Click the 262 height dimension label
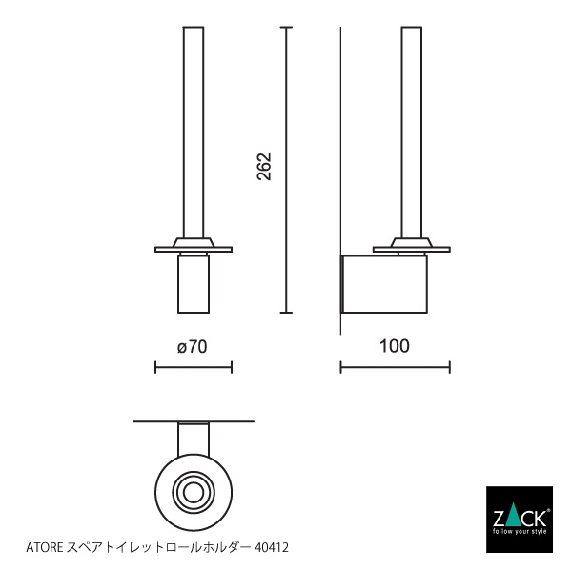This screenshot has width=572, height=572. [x=264, y=166]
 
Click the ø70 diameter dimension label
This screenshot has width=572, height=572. [x=192, y=346]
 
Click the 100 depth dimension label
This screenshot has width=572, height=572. [x=394, y=345]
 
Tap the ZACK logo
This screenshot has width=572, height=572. [x=519, y=518]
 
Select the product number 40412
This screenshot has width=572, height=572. [x=271, y=548]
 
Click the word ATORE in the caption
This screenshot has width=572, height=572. [x=41, y=548]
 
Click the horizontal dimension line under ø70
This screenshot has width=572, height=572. [x=194, y=367]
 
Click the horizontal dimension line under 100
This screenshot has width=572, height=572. [x=395, y=367]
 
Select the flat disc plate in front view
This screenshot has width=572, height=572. [x=194, y=250]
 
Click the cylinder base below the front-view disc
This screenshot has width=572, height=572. [x=194, y=284]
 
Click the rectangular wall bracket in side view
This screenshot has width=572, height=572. [x=385, y=284]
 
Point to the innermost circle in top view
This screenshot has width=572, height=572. [x=194, y=493]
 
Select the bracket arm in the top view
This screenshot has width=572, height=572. [x=194, y=440]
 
